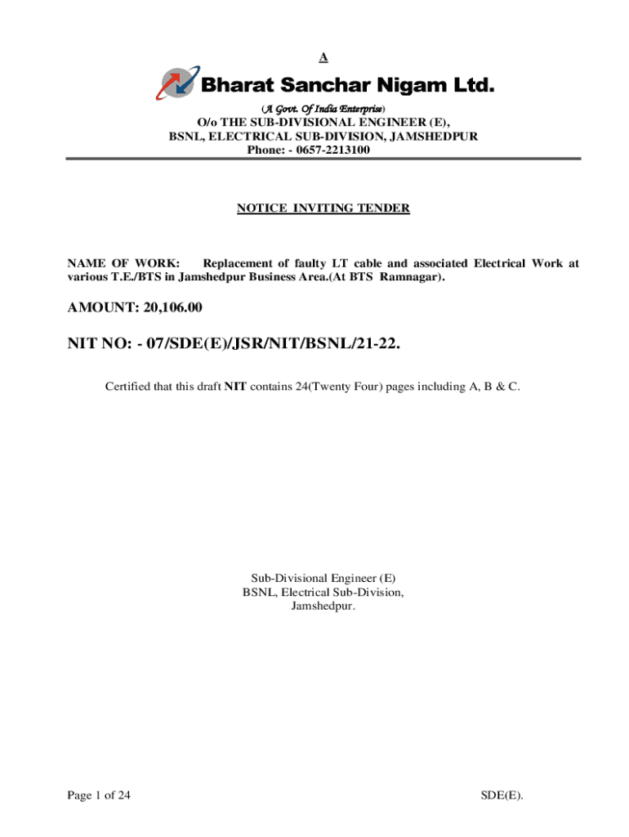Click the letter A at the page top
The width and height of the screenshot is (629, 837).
click(x=323, y=57)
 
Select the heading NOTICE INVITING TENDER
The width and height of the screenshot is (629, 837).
click(x=323, y=208)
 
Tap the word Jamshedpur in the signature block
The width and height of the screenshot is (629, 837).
click(x=323, y=606)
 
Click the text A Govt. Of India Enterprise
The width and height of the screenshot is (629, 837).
click(x=323, y=109)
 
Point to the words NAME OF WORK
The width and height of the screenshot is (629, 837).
click(x=123, y=263)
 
